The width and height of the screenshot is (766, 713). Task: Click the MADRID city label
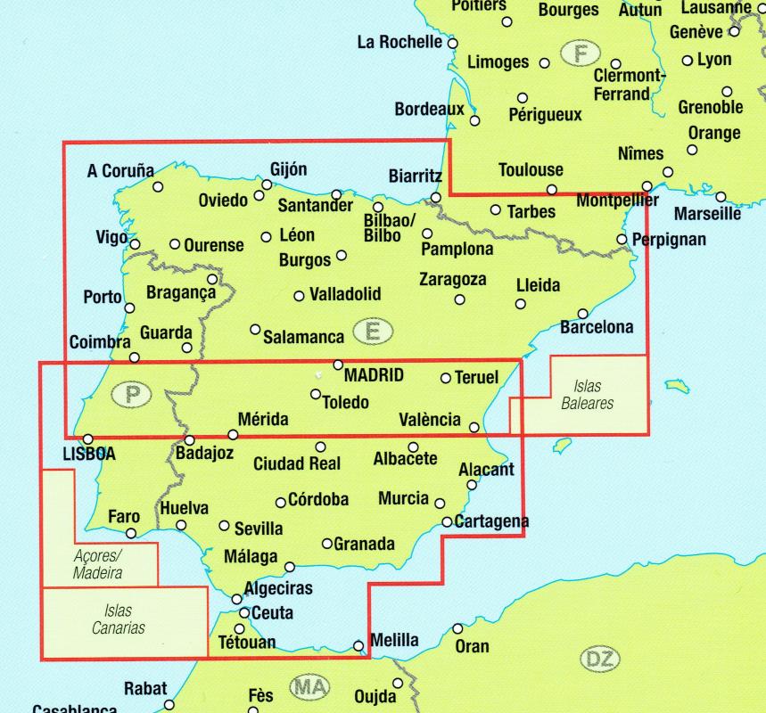pos(374,375)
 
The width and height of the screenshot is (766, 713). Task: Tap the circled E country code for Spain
pos(373,332)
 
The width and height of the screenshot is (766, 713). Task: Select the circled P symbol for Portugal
pos(132,394)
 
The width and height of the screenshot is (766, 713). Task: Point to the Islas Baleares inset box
pos(588,394)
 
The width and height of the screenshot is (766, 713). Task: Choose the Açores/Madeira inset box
pos(98,563)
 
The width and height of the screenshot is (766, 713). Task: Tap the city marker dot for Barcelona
pos(582,314)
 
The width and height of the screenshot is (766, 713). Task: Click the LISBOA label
pos(89,454)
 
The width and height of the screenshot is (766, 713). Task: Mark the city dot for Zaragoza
pos(459,299)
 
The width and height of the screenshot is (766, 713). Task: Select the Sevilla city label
pos(259,529)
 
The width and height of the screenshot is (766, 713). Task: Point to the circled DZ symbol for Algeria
pos(599,660)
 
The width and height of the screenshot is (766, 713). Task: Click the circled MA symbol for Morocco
pos(309,687)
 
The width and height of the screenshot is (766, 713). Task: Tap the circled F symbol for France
pos(581,53)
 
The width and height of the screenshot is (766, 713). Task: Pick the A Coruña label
pos(120,171)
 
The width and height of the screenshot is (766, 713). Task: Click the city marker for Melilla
pos(358,646)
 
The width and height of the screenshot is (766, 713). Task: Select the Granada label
pos(364,544)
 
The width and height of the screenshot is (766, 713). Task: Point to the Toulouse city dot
pos(552,189)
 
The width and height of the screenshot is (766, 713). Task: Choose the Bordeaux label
pos(429,110)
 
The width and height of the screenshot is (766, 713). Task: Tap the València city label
pos(431,420)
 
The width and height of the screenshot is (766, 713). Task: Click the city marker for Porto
pos(130,307)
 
